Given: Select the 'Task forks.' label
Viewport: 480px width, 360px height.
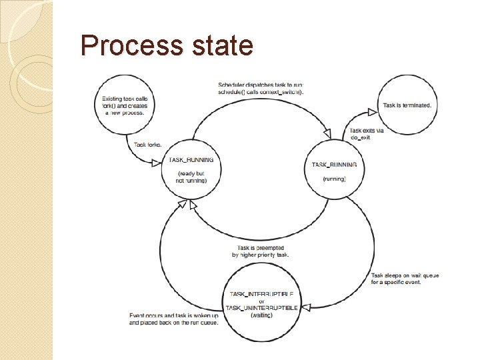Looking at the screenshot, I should (147, 144).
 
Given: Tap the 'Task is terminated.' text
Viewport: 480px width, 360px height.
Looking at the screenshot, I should (407, 105).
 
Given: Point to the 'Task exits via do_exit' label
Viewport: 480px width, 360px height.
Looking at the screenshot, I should (366, 134).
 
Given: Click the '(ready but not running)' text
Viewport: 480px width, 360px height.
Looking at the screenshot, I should (191, 177).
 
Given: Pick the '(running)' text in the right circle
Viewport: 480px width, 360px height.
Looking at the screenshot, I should (334, 179).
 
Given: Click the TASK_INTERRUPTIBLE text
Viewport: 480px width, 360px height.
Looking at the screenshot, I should (265, 294).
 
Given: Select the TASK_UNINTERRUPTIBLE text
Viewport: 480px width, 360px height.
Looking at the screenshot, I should (261, 307).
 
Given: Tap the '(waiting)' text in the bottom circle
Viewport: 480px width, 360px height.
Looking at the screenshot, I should (261, 315).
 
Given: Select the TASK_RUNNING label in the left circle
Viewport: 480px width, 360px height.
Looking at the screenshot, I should (191, 160).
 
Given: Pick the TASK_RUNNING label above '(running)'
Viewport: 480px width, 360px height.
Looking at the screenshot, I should (334, 164).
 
